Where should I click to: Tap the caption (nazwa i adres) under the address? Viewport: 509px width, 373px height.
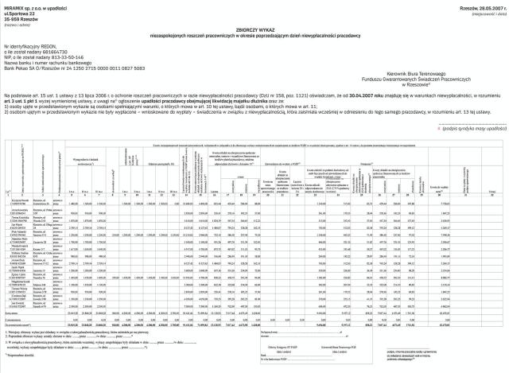15,25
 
